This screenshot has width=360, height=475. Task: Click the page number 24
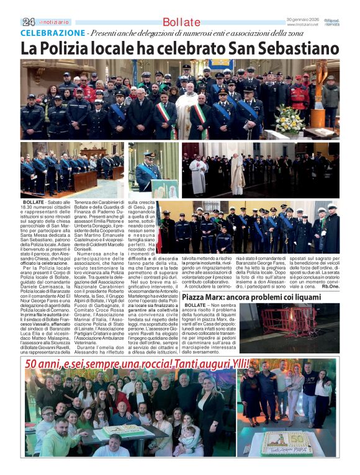(x=29, y=22)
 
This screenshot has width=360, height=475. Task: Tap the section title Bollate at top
(x=181, y=22)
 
